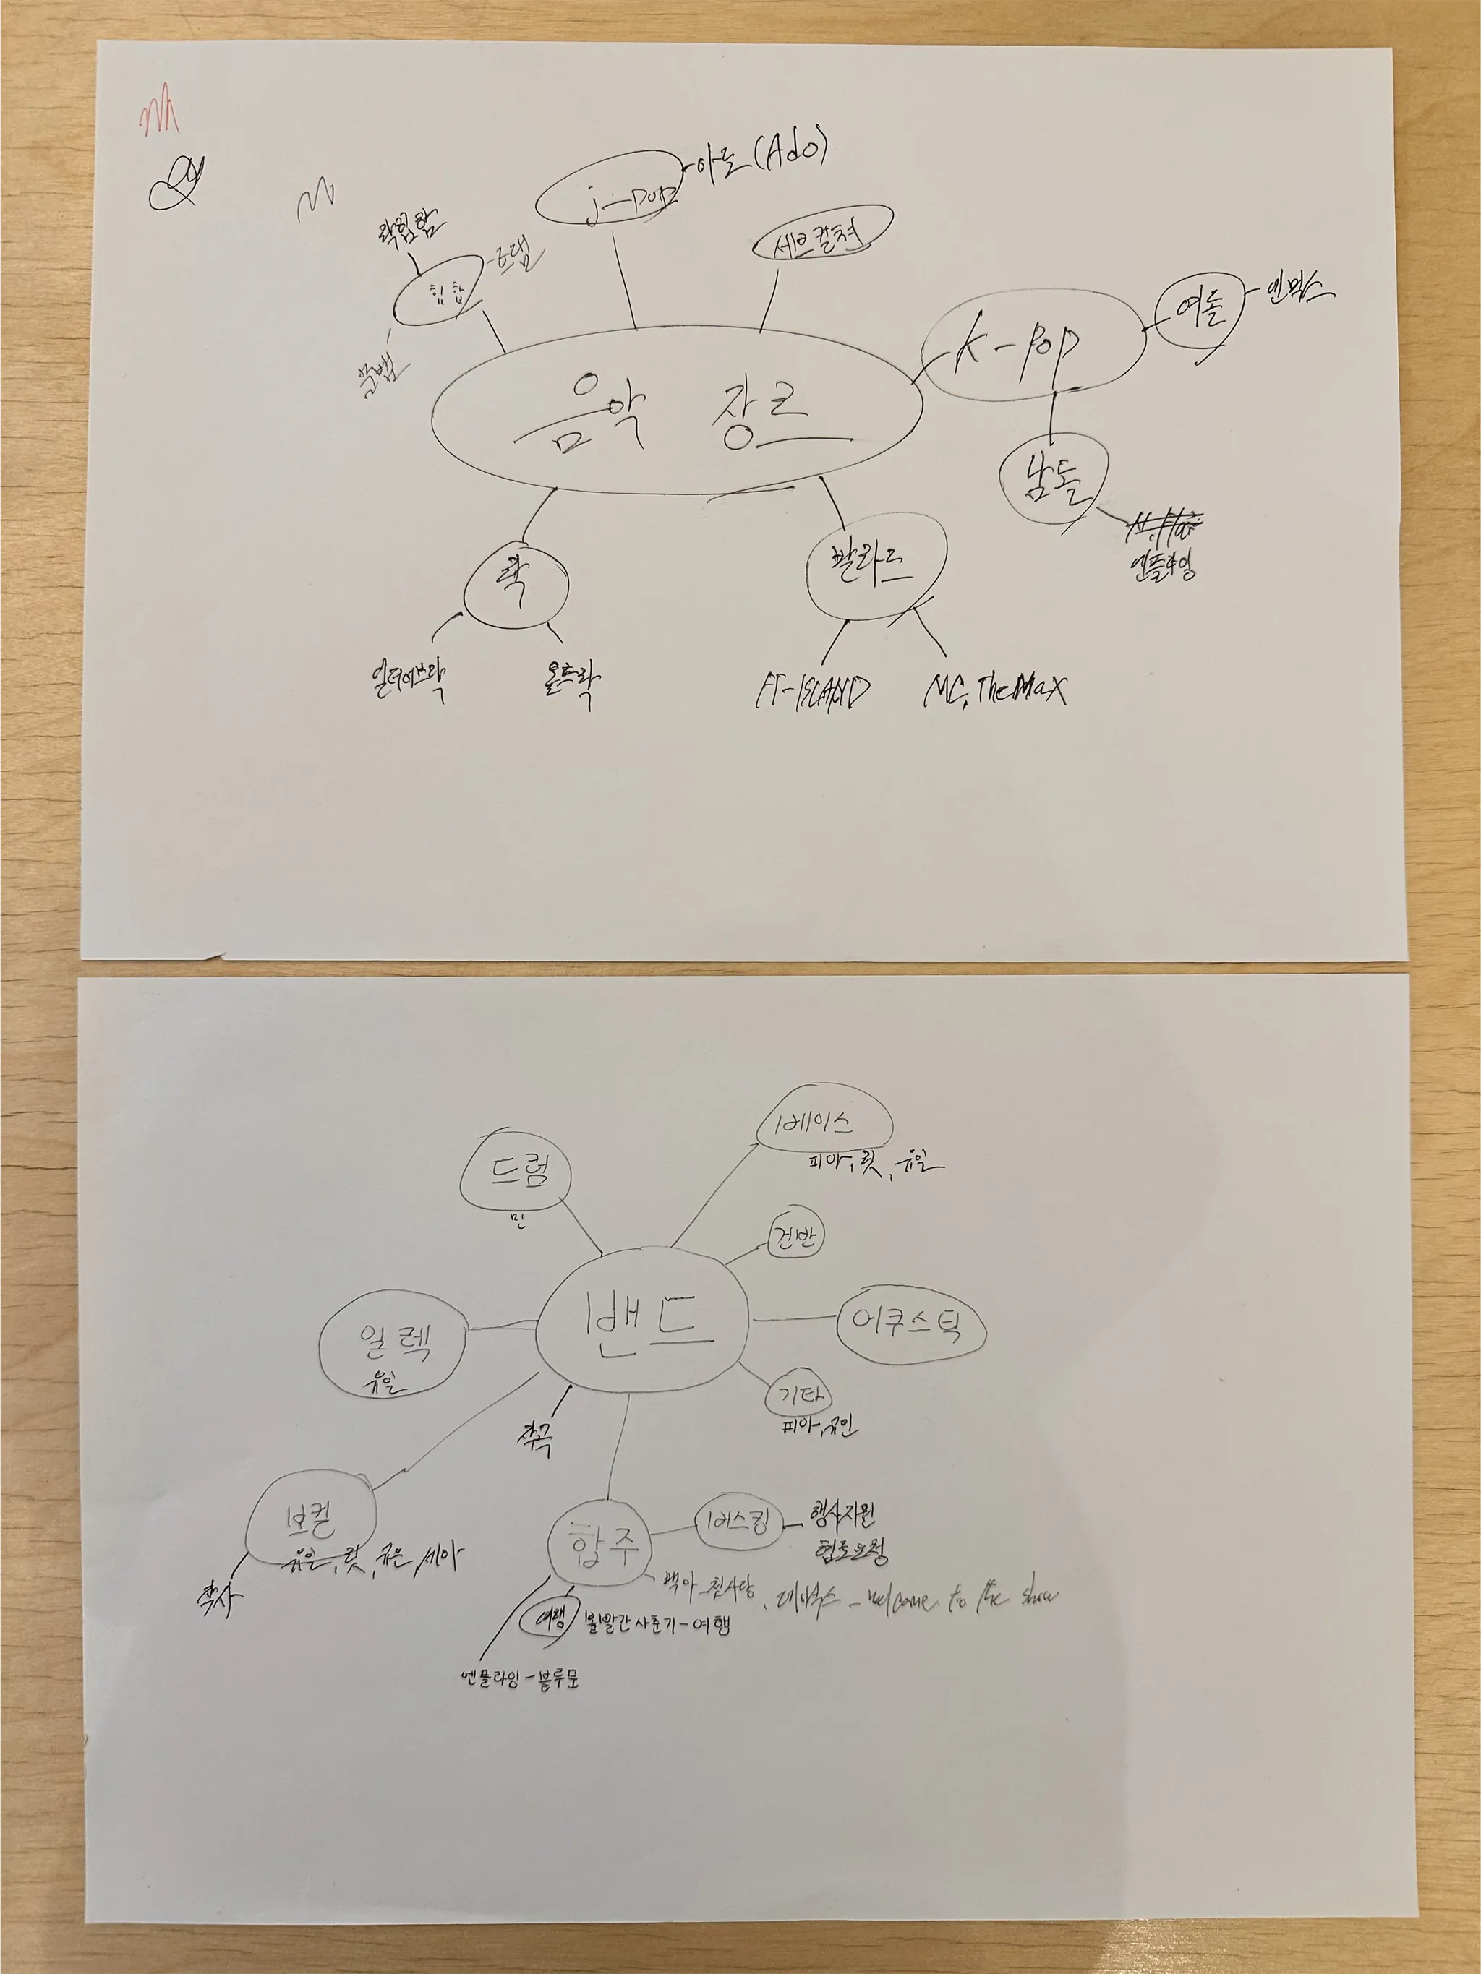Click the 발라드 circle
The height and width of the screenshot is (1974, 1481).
[x=875, y=567]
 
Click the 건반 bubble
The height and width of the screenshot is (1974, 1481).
[x=795, y=1240]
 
